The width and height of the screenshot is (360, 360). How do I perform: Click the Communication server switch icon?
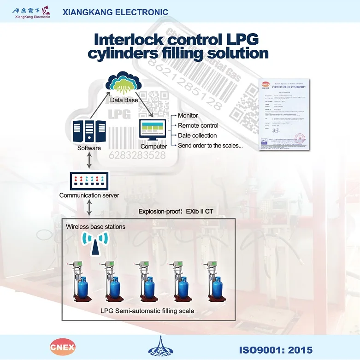89,181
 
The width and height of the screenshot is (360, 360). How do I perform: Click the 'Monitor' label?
188,115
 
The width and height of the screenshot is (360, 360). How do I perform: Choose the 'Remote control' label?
198,125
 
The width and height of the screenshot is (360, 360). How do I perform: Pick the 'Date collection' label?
197,136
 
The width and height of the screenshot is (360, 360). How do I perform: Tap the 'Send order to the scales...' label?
210,146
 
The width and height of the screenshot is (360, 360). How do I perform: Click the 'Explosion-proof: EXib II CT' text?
179,212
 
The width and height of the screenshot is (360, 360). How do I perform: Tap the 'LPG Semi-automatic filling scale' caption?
147,311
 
